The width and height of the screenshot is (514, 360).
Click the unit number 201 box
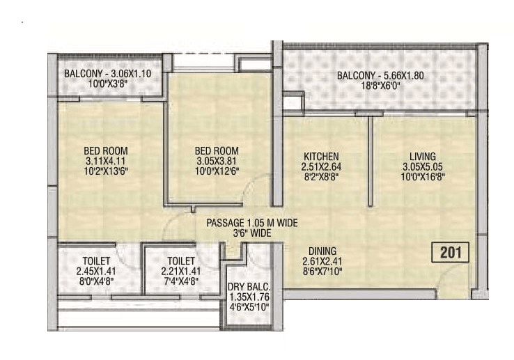tap(451, 252)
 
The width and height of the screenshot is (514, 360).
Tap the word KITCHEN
tap(321, 156)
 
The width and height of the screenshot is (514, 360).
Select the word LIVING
tap(423, 156)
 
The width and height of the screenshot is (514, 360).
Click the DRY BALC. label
tap(249, 287)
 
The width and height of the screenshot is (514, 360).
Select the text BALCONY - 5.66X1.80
tap(380, 77)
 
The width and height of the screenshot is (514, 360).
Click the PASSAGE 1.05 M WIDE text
tap(251, 223)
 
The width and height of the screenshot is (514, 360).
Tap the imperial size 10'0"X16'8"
tap(423, 177)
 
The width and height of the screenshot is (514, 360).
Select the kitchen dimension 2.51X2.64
tap(321, 166)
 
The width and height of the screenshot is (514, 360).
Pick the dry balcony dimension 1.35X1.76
tap(249, 297)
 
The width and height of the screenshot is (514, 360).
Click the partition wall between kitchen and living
tap(370, 160)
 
